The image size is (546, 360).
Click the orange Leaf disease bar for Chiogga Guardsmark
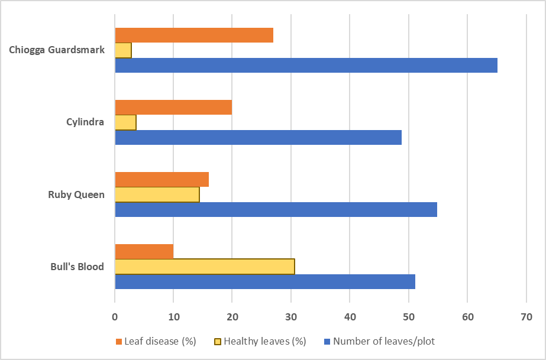[194, 35]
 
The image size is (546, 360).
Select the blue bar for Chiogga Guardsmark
[306, 65]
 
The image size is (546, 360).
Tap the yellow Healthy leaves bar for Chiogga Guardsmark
[123, 50]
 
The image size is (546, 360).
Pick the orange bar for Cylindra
[173, 108]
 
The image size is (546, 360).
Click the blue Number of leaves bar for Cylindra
[258, 137]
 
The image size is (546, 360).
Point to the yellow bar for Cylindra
[125, 122]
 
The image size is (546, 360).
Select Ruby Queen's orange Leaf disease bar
[161, 180]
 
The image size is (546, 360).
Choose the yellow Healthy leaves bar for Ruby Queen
[157, 194]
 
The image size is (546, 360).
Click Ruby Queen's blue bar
[276, 209]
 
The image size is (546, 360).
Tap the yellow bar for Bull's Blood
[205, 267]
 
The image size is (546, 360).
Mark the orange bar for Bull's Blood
[144, 252]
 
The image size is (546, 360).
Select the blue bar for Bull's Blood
[265, 281]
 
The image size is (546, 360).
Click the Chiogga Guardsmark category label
[57, 50]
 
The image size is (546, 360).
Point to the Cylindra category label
[85, 122]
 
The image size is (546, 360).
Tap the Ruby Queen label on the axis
[76, 194]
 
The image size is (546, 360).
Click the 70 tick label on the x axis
[526, 317]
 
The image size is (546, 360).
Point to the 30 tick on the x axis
[291, 317]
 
